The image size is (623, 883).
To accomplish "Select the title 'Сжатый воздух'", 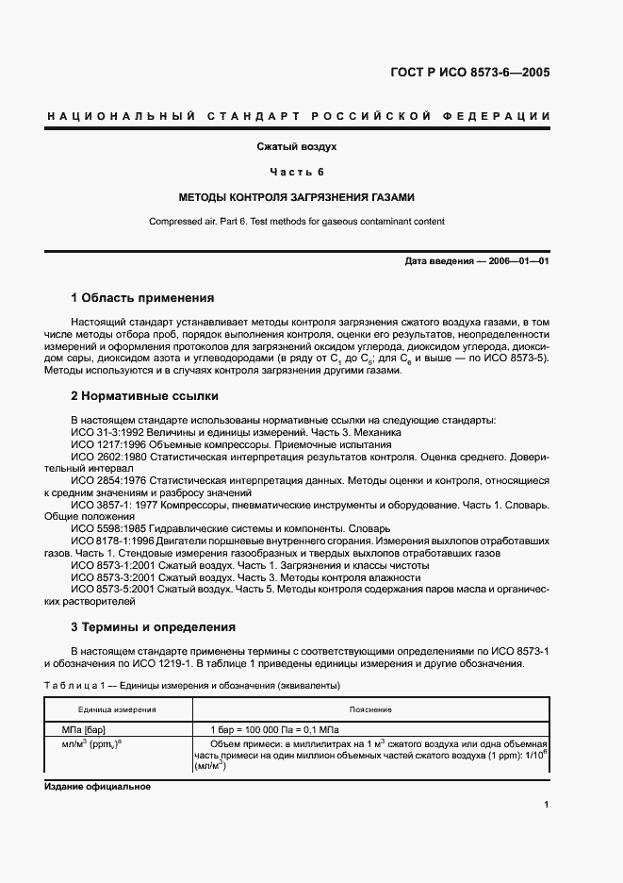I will [x=297, y=147].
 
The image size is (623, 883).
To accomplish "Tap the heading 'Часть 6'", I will [x=297, y=172].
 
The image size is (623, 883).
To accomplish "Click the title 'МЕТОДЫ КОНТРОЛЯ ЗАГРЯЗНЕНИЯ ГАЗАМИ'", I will [x=297, y=198].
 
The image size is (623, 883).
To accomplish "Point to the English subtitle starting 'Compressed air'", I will [x=297, y=222].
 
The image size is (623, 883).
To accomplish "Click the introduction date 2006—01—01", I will [x=476, y=260].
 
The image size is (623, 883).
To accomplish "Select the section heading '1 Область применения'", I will [x=143, y=297].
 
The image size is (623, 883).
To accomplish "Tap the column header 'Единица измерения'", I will [x=117, y=709].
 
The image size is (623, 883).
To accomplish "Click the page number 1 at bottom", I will [x=546, y=805].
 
